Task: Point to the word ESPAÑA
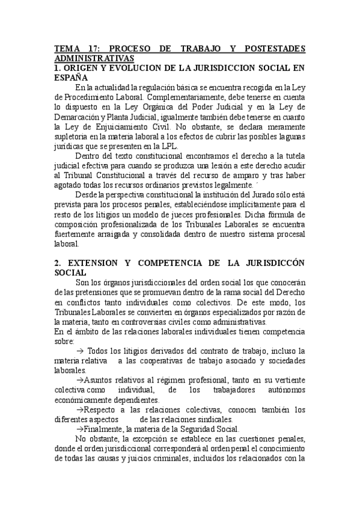[71, 78]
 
